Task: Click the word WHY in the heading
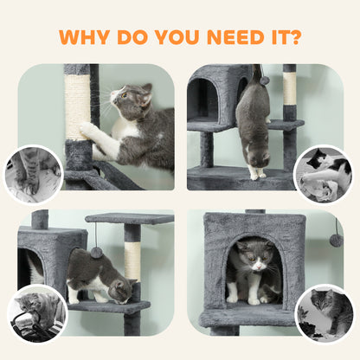87,39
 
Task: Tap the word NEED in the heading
241,39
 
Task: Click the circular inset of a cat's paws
32,173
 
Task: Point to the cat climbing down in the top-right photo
253,125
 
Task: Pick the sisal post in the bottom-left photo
132,260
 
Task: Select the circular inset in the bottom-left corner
35,312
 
